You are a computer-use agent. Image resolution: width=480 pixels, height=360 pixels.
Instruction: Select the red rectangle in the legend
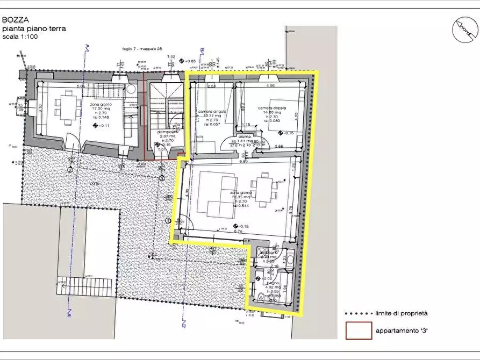358,330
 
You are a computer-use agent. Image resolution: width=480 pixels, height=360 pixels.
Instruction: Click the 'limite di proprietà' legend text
403,313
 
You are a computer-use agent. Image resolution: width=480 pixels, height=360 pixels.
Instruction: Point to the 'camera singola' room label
212,112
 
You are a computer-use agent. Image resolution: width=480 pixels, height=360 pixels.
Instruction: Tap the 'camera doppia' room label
272,108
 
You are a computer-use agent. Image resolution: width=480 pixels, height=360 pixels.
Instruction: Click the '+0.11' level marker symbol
96,125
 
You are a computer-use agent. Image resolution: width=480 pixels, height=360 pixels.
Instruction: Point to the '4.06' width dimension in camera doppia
270,85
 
